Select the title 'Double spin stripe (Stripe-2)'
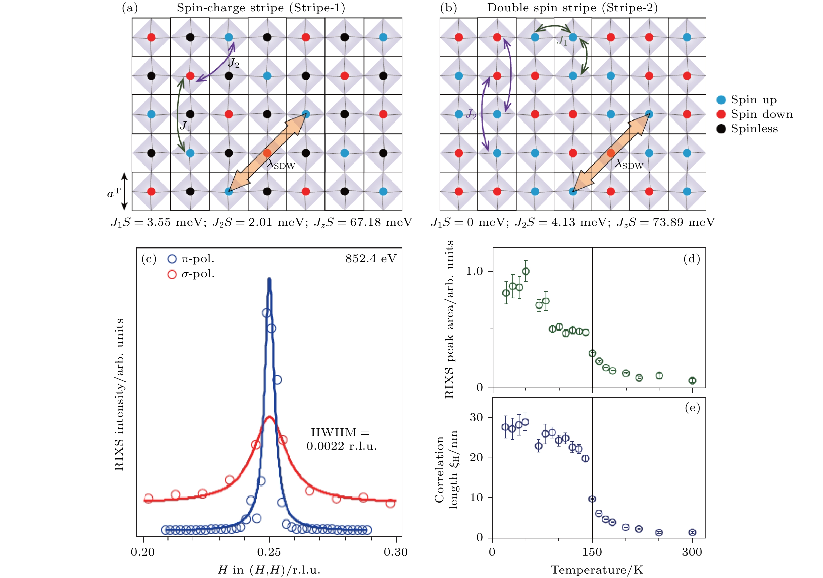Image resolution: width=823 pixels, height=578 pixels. (572, 8)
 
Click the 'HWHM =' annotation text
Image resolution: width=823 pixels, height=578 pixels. (340, 433)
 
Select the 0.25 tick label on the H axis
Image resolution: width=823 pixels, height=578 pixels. (269, 552)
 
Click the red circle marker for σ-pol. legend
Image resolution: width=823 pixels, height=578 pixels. (172, 274)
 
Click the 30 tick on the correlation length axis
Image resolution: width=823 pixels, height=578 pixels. (476, 418)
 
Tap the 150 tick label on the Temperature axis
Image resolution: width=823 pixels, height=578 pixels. (592, 552)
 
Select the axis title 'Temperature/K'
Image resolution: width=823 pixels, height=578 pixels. (597, 570)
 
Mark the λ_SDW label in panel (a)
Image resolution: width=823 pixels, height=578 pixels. (281, 165)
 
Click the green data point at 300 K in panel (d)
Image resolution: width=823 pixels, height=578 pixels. (692, 381)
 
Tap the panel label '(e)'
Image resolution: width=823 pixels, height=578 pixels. (692, 408)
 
